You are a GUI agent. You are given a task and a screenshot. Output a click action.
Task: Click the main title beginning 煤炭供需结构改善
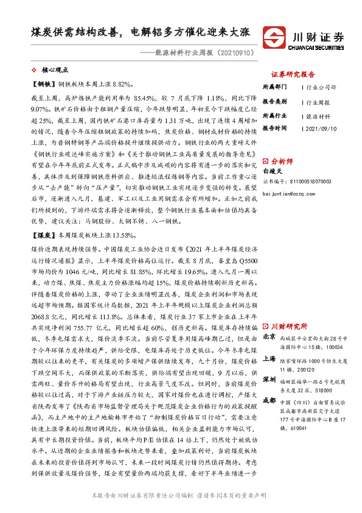tap(144, 32)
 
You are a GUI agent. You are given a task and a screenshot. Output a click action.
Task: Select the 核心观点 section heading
tap(57, 71)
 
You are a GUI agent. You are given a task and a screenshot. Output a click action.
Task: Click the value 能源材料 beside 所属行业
tap(318, 116)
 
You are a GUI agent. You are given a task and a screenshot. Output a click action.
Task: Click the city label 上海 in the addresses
tap(269, 359)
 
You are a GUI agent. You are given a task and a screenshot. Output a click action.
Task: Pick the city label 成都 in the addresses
tap(269, 400)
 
